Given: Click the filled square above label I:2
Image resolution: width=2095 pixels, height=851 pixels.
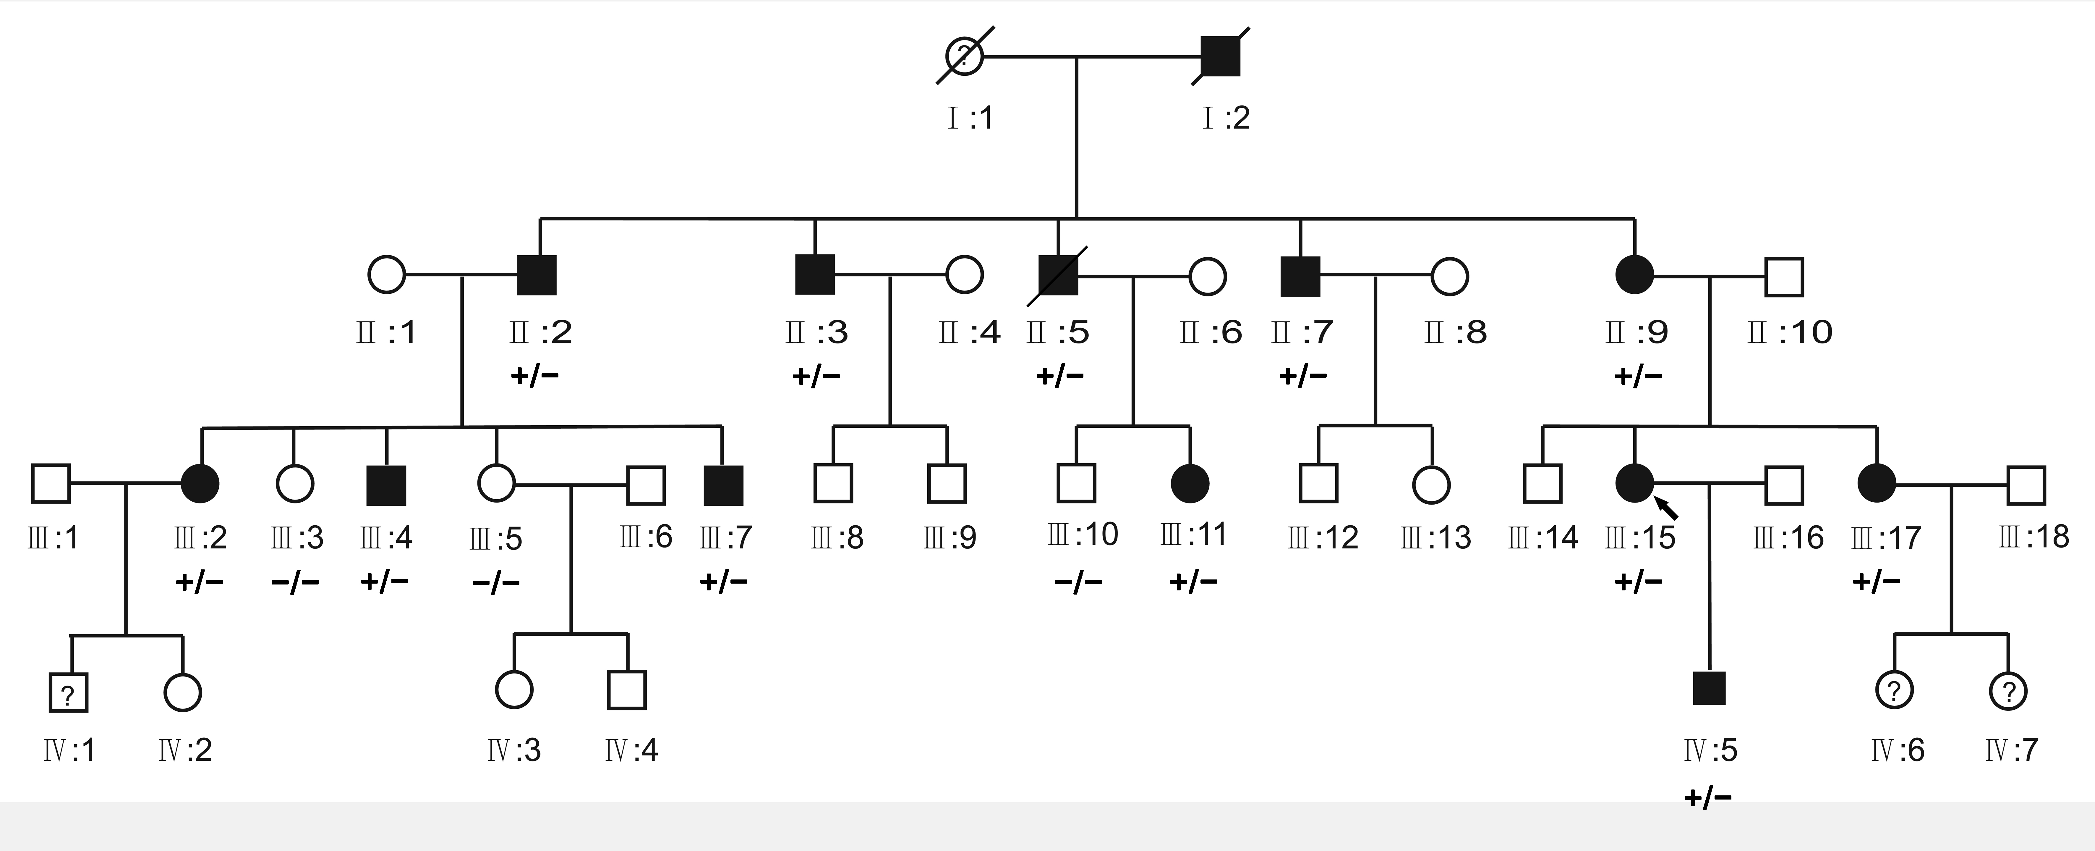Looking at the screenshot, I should point(1221,56).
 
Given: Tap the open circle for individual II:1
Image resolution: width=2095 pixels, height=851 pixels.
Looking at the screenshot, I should point(386,275).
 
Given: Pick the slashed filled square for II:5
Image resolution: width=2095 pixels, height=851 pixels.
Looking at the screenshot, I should point(1058,275).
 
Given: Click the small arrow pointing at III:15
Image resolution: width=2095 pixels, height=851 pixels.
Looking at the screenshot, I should point(1667,509).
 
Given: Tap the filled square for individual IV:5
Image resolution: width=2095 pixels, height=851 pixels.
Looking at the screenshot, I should point(1709,688).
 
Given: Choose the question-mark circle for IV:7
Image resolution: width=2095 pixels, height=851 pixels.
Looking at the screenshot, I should point(2008,691).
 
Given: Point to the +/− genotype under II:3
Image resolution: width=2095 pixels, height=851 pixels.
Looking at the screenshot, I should point(816,376).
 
